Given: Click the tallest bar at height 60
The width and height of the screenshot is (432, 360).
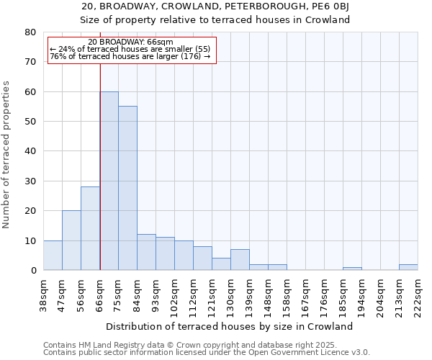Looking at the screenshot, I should (x=109, y=181).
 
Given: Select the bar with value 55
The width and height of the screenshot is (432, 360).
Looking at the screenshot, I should (x=127, y=188).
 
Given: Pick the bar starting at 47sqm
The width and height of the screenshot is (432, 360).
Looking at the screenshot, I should (x=71, y=240).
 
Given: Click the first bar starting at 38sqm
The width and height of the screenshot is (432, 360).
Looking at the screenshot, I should (x=53, y=256).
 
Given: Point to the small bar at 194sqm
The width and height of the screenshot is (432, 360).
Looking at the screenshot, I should (x=352, y=269).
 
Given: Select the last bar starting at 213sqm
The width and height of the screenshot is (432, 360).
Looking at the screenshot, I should (x=408, y=267).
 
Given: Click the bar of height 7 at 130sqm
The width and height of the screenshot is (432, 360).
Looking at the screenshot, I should (x=240, y=260).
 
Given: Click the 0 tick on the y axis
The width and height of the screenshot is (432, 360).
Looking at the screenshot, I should (x=33, y=271).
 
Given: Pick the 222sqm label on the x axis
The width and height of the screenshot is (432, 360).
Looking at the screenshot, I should (x=418, y=294).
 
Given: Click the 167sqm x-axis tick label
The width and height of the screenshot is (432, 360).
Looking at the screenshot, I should (x=306, y=294).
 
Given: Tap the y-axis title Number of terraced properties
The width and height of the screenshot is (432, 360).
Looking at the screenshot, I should (x=7, y=155).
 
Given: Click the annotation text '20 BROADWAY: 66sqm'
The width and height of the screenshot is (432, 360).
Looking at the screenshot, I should (x=131, y=42).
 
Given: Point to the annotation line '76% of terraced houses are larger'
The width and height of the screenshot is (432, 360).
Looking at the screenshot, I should (x=130, y=56).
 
